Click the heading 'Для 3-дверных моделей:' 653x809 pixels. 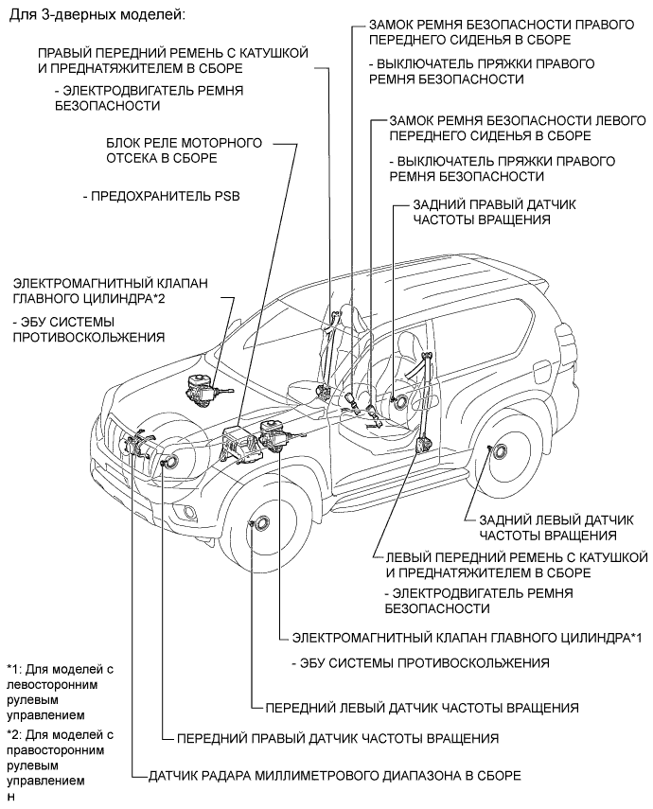point(96,14)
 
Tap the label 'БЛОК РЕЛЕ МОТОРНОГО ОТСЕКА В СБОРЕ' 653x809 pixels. point(185,150)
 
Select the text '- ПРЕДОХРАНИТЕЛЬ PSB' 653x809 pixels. point(162,196)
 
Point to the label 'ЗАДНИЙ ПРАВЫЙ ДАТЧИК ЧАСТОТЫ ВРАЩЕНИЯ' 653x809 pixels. point(494,212)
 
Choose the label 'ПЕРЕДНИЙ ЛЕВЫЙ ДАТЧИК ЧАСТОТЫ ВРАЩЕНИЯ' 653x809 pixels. point(422,708)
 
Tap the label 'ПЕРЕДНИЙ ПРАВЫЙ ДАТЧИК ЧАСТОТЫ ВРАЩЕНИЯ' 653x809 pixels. point(338,738)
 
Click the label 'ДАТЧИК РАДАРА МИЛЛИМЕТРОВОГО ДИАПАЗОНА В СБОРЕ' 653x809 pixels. point(334,775)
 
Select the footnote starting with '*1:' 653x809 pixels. point(60,692)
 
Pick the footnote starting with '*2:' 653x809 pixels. point(60,757)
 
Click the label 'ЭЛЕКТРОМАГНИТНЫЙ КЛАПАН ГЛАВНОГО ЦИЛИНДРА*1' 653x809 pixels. point(467,638)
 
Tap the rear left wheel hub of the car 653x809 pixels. point(500,452)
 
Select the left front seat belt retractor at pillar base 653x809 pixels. point(424,444)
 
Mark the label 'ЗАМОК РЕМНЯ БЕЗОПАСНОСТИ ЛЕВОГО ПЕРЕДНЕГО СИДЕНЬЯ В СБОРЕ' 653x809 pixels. point(518,128)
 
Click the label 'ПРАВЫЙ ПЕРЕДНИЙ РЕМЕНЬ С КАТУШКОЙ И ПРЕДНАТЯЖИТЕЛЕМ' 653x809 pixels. point(173,61)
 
